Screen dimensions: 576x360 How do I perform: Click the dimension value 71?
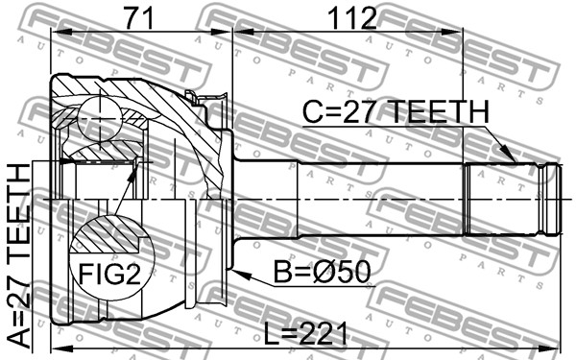tap(139, 17)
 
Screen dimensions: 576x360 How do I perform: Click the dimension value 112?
tap(352, 17)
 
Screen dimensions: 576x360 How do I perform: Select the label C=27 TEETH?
tap(396, 112)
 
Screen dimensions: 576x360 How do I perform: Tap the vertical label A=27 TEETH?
tap(19, 256)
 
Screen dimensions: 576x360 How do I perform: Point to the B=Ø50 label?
tap(323, 273)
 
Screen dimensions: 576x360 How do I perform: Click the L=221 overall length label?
tap(305, 333)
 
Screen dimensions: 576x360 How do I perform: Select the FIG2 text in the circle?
tap(109, 274)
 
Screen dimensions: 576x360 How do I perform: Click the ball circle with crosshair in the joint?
tap(99, 118)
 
